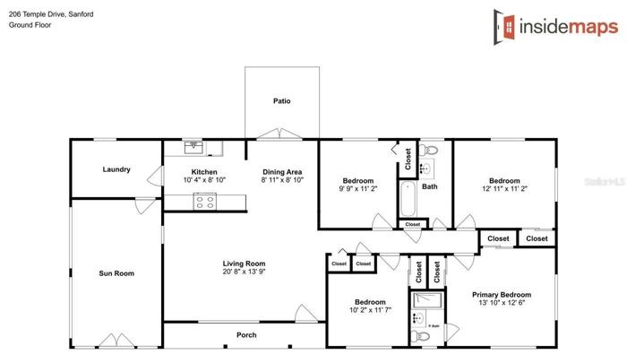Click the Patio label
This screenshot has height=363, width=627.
pos(281,101)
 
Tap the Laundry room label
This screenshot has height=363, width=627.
pos(116,169)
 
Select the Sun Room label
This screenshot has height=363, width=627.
pos(116,273)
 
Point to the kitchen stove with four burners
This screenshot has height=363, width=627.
pos(205,201)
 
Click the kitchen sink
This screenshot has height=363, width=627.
pos(193,147)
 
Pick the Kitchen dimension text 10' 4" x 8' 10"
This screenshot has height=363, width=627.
pos(204,180)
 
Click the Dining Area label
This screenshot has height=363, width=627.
pos(282,172)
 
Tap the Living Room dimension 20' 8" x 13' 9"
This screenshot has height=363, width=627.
pos(244,272)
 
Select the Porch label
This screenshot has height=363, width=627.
pos(246,335)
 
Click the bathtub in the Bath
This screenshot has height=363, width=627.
pos(408,198)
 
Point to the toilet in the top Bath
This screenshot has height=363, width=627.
pos(428,150)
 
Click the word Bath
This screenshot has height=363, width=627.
pos(429,186)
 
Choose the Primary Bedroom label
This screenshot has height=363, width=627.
pos(502,295)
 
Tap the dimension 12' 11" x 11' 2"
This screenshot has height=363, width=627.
pos(504,188)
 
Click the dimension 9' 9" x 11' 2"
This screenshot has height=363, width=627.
pos(358,188)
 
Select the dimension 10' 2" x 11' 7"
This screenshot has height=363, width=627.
pos(370,310)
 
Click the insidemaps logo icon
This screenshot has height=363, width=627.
pos(504,27)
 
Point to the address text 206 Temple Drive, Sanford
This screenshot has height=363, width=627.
pos(51,14)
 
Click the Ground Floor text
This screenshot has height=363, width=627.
pos(30,25)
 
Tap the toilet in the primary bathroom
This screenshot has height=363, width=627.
pos(420,336)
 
